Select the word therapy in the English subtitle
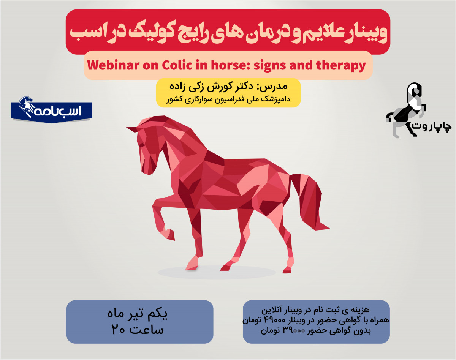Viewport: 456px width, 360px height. [341, 66]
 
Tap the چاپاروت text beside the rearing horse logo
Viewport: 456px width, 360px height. [433, 126]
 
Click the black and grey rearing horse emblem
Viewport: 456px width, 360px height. [405, 110]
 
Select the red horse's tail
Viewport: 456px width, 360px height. [310, 201]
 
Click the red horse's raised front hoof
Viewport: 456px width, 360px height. [170, 235]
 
